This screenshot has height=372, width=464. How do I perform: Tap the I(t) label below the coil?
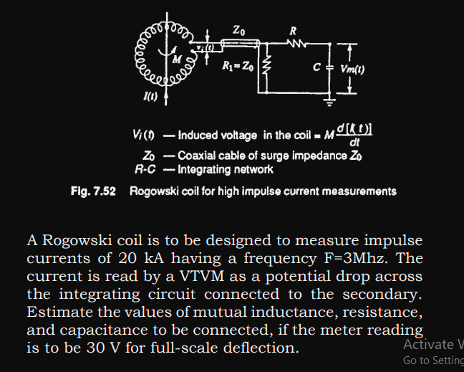[x=146, y=97]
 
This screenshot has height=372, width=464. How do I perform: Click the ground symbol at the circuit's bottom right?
[x=329, y=102]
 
